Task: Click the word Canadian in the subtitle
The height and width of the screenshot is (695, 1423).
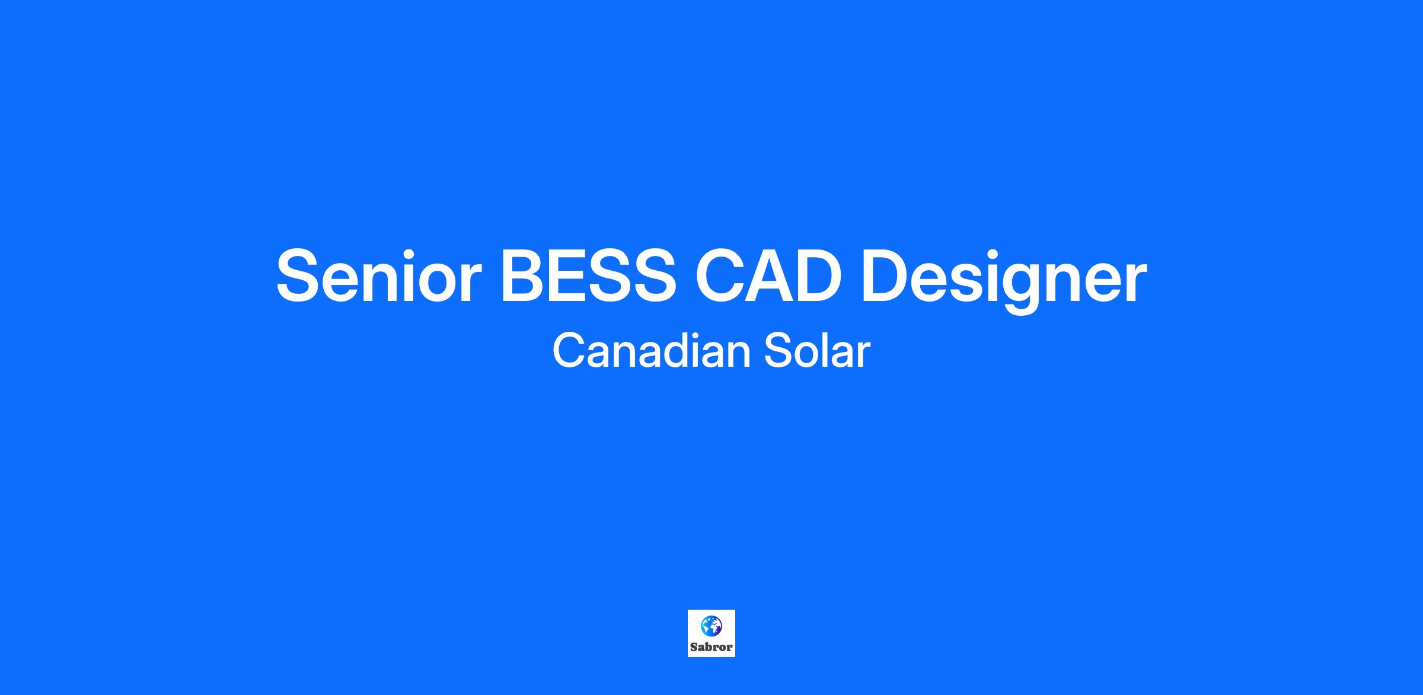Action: (x=649, y=351)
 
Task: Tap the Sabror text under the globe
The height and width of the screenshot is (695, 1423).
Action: (x=711, y=647)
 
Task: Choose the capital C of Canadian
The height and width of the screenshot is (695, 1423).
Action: (x=569, y=351)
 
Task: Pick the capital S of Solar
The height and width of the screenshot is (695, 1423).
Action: (x=778, y=351)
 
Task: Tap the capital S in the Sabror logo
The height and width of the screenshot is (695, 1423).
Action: (x=694, y=647)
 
